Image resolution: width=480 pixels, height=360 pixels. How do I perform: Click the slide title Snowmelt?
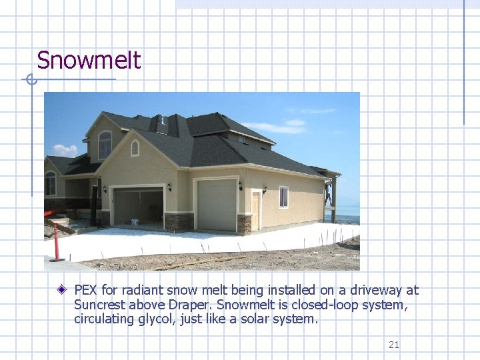(89, 61)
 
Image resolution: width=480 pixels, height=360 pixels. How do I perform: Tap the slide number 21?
(393, 345)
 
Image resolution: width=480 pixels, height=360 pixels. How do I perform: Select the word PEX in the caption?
(86, 290)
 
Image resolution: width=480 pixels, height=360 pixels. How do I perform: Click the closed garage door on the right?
(217, 205)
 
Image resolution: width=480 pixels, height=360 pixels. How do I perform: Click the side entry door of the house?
(255, 210)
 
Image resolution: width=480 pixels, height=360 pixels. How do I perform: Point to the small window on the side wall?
(283, 197)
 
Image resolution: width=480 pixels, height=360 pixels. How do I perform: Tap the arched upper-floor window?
(105, 145)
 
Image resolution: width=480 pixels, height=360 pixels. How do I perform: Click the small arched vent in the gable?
(135, 148)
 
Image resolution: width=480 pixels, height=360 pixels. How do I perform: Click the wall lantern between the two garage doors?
(169, 187)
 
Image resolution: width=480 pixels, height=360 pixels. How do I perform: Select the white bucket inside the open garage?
(135, 221)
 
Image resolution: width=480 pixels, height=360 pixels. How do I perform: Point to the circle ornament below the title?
(30, 80)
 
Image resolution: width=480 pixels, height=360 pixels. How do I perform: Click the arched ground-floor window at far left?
(51, 183)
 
